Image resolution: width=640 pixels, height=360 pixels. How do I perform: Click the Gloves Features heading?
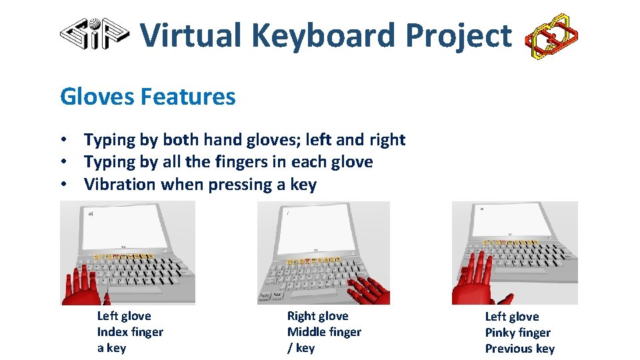[147, 97]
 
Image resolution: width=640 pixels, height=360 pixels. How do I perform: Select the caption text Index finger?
[130, 332]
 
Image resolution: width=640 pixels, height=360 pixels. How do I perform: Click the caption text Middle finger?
[324, 332]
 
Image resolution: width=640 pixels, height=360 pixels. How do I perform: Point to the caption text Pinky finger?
[517, 333]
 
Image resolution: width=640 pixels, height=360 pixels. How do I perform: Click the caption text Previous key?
[519, 349]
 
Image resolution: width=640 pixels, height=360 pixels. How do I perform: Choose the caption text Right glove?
[317, 316]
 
